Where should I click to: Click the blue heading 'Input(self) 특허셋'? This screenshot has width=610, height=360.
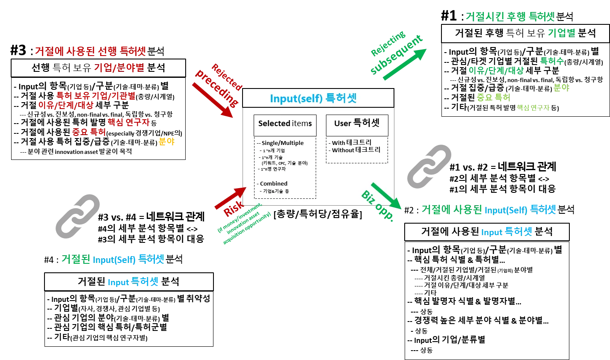click(x=313, y=98)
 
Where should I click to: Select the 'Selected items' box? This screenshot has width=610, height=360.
click(x=285, y=124)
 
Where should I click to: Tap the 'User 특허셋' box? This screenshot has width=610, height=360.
click(x=357, y=124)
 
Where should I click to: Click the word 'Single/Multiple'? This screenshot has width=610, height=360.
click(x=282, y=143)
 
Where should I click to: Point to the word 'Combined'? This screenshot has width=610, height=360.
click(x=273, y=184)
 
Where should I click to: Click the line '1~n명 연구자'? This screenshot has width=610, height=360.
click(x=274, y=169)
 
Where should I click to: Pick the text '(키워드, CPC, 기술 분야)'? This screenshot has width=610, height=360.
click(x=284, y=163)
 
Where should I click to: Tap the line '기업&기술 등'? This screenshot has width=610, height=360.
click(x=276, y=191)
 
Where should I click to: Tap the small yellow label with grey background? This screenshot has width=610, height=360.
click(x=166, y=142)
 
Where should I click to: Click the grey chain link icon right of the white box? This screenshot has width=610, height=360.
click(x=429, y=167)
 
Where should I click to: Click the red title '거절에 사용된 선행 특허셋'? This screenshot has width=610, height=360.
click(x=91, y=51)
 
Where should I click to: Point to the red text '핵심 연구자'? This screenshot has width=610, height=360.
click(x=128, y=122)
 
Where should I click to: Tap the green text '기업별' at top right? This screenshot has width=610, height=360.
click(x=561, y=33)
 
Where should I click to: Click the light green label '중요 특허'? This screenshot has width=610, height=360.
click(x=493, y=97)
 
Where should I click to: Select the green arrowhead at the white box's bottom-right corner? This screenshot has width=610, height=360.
click(x=397, y=205)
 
